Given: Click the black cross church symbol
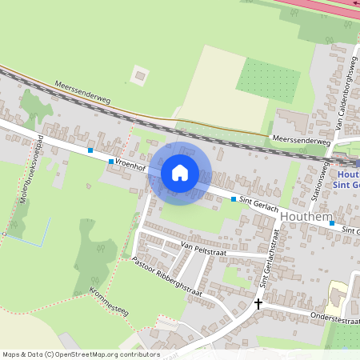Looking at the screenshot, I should point(258,303).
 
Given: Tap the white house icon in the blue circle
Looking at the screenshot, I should point(180,173).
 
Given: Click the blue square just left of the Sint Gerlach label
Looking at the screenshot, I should point(234,198).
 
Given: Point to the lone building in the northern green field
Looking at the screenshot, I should point(141,77).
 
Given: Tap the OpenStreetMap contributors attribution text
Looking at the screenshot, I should point(81,354).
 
